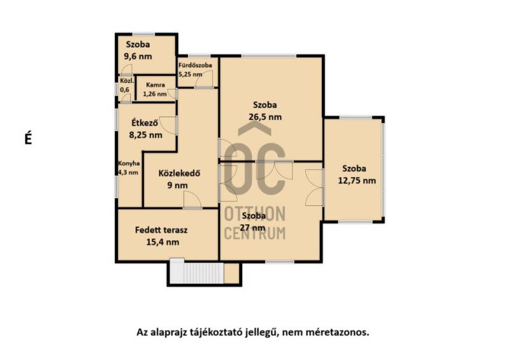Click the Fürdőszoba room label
point(195,65)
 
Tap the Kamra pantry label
point(156,85)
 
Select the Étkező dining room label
point(145,122)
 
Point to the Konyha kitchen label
point(129,164)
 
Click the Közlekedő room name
point(179,173)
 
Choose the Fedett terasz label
point(161,230)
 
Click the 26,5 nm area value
point(265,117)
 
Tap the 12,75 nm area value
point(357,180)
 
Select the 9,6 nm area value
point(138,56)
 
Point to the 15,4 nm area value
point(163,242)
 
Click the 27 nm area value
point(252,227)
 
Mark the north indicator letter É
point(28,139)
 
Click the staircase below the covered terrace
point(197,273)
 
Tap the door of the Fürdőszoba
point(204,80)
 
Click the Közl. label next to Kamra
point(127,81)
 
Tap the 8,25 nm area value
point(146,134)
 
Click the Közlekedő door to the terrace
point(193,199)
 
